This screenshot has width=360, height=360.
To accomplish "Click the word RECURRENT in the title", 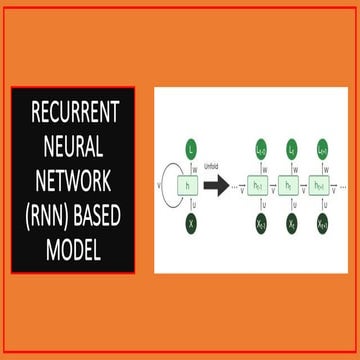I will [x=74, y=107].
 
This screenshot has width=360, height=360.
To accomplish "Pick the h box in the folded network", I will [x=188, y=186].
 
